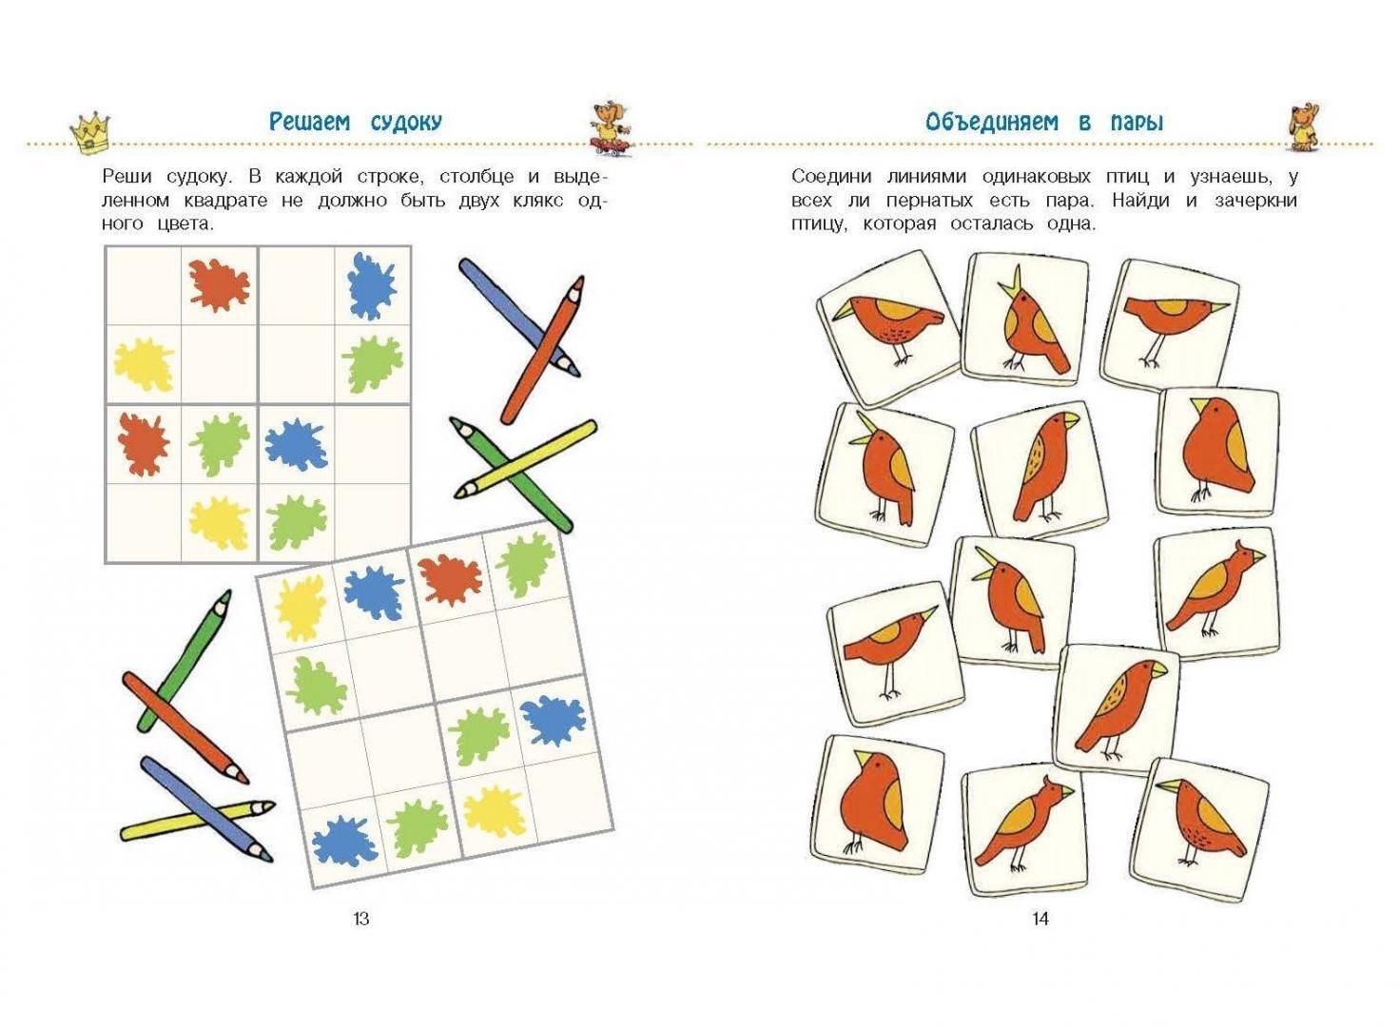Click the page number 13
pos(361,919)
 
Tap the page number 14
pos(1040,919)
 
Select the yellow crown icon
pos(90,133)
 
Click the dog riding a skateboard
pos(610,130)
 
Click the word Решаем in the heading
pos(310,122)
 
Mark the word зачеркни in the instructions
pos(1255,202)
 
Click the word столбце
pos(476,177)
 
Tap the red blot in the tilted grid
pos(449,579)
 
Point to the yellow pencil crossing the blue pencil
pos(197,820)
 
